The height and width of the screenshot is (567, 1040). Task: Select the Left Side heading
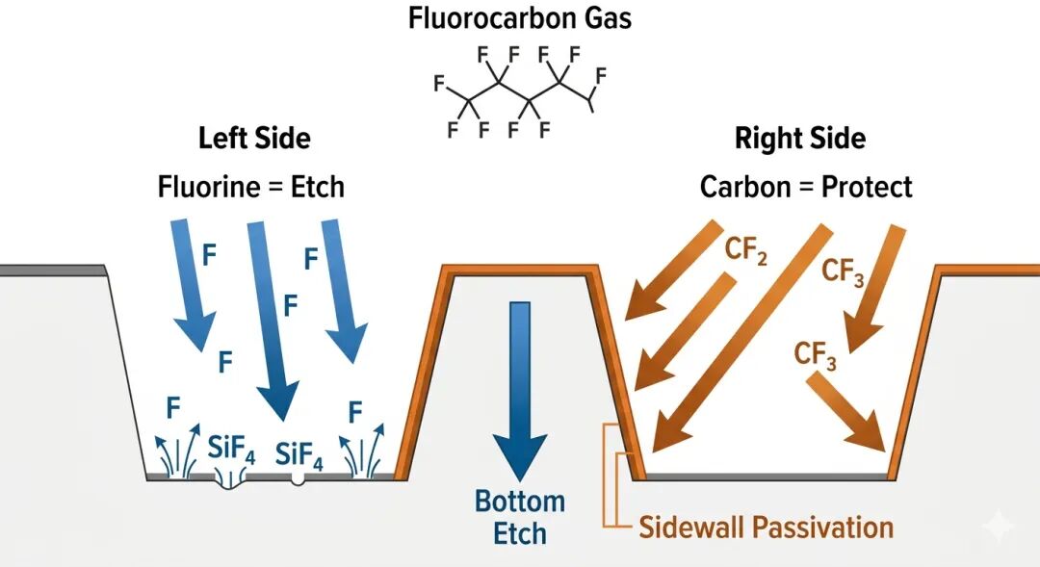pos(254,138)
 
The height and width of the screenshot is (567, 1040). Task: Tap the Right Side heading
pos(799,139)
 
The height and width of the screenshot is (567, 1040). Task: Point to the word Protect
pos(867,186)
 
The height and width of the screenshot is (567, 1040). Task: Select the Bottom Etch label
pos(519,517)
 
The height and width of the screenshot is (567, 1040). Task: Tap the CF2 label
pos(746,256)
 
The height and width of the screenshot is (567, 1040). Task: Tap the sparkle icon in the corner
pos(999,527)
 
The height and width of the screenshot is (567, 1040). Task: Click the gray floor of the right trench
pos(766,476)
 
